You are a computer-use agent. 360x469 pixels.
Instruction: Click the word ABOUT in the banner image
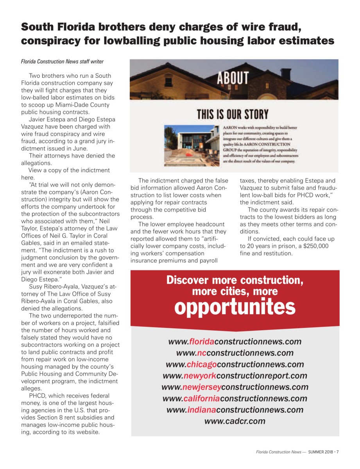tap(233, 78)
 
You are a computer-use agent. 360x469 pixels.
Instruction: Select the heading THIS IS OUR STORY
tap(233, 115)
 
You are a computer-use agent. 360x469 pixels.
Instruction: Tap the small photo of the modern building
tap(192, 145)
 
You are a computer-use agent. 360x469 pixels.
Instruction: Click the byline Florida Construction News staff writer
tap(62, 61)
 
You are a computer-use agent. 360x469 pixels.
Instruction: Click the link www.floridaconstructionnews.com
tap(235, 342)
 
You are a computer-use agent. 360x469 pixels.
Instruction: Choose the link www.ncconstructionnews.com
tap(235, 353)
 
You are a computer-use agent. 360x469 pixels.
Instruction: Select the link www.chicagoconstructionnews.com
tap(235, 364)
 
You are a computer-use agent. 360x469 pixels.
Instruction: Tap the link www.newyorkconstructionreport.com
tap(235, 376)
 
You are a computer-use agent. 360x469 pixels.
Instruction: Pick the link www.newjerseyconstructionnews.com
tap(235, 387)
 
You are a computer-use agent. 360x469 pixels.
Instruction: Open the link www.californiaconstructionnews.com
tap(235, 399)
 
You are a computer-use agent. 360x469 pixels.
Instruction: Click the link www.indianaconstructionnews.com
tap(235, 410)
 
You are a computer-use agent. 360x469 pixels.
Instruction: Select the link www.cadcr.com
tap(235, 421)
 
